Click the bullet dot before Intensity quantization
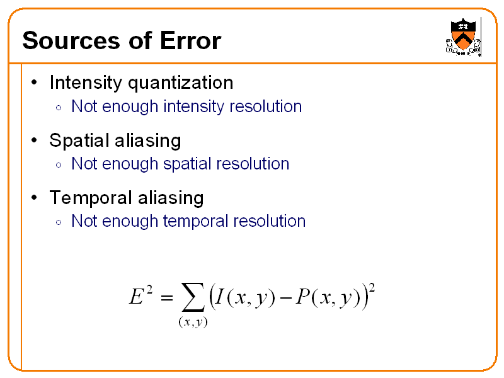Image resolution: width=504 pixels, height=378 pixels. click(35, 83)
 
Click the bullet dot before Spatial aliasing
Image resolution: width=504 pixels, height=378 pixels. click(35, 140)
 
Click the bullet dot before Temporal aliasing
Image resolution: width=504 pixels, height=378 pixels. click(35, 198)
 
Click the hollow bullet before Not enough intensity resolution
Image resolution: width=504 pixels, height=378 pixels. click(58, 108)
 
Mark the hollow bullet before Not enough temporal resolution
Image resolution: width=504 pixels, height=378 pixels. click(58, 222)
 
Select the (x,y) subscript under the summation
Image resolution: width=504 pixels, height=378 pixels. click(192, 323)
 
